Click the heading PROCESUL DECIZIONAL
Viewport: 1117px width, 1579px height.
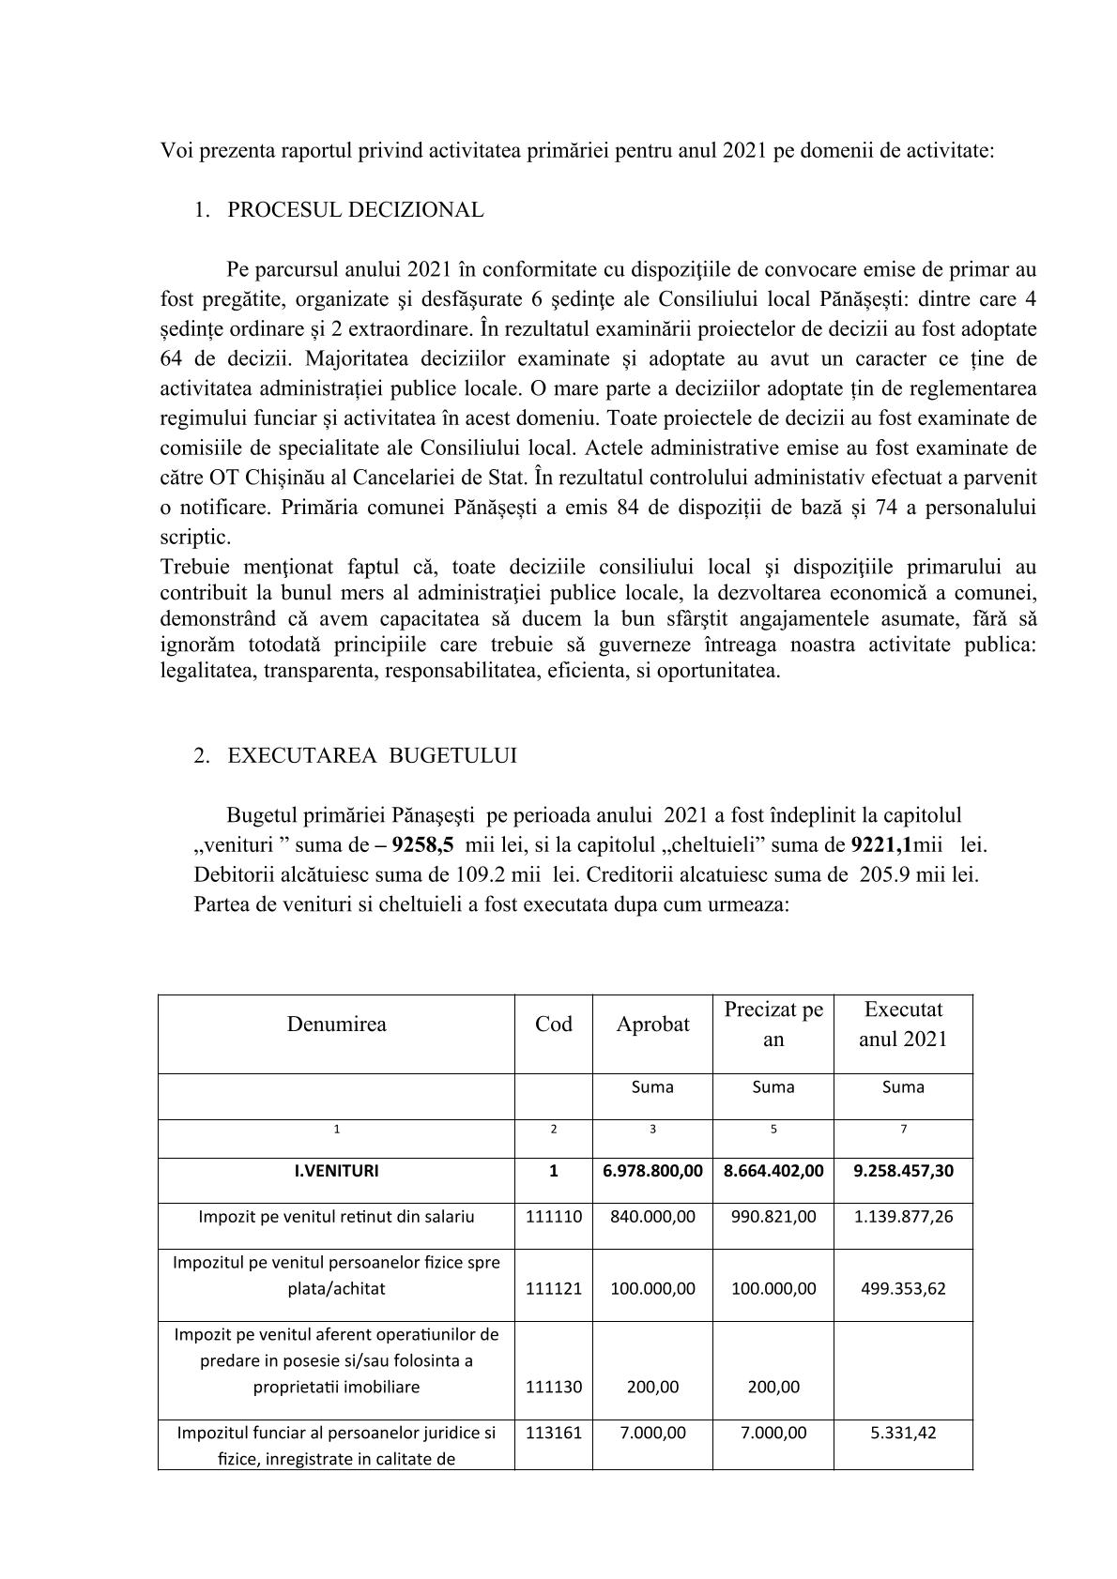356,210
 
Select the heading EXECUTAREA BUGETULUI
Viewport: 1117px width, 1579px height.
372,756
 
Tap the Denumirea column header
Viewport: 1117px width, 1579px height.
336,1024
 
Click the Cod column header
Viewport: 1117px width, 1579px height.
554,1024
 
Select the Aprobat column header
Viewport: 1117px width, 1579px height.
652,1025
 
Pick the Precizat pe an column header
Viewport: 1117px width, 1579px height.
773,1025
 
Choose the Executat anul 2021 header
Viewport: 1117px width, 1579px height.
903,1025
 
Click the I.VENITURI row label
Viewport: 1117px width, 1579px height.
337,1171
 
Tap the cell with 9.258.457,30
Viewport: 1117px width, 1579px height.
903,1171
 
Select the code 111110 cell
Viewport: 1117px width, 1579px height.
554,1217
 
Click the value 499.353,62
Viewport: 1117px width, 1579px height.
903,1288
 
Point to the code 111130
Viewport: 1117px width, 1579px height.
554,1387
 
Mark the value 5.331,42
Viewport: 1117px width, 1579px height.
903,1433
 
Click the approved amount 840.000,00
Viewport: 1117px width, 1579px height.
652,1217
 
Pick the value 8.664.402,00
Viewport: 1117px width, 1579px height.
773,1171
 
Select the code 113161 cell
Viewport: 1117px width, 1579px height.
554,1433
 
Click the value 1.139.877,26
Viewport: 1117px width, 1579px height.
903,1217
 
